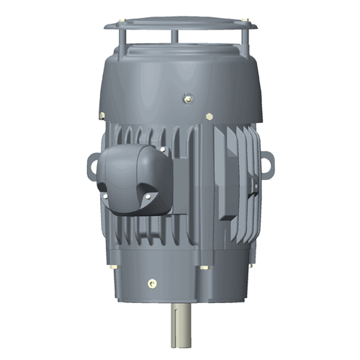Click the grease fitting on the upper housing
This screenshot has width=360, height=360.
pyautogui.click(x=188, y=92)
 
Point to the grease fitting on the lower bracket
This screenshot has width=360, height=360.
pyautogui.click(x=151, y=282)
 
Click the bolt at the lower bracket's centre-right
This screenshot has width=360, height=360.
pyautogui.click(x=207, y=268)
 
